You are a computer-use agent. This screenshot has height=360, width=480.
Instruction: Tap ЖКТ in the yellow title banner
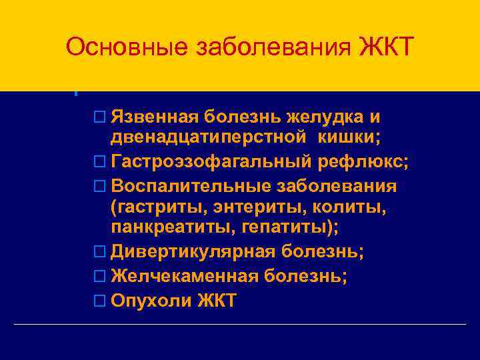tap(387, 48)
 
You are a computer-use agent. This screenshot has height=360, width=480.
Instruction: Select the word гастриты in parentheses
tap(154, 209)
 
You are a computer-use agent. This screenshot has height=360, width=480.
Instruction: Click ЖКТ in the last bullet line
tap(217, 301)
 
